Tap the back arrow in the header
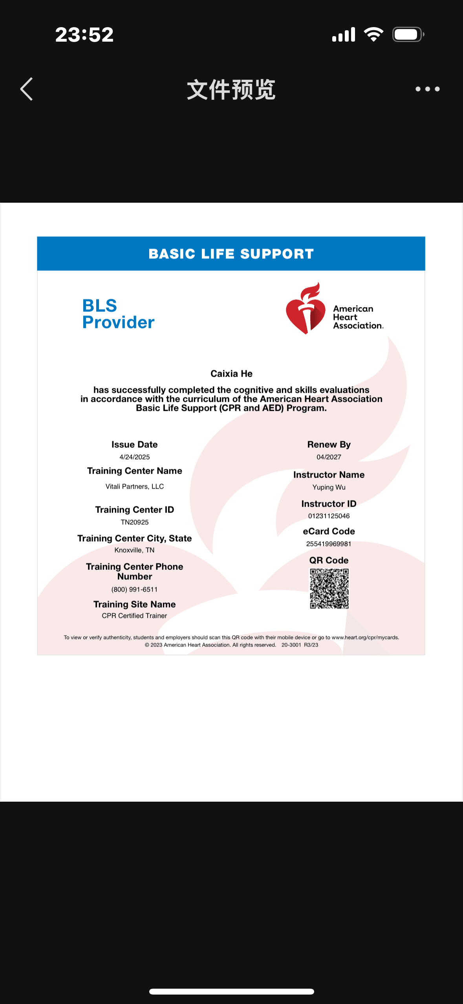27,89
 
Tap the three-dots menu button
427,89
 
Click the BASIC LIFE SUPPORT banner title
231,254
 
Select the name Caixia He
231,374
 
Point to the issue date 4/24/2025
135,457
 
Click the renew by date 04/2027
329,457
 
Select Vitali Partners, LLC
135,486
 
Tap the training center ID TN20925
135,522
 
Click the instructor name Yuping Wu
329,487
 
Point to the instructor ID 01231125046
329,516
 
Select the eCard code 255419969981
329,544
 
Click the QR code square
329,588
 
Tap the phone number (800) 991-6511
135,589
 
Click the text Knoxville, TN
135,550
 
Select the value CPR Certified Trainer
135,616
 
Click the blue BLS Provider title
118,314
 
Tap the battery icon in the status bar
408,35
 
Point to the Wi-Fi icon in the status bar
373,35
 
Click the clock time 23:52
84,35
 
